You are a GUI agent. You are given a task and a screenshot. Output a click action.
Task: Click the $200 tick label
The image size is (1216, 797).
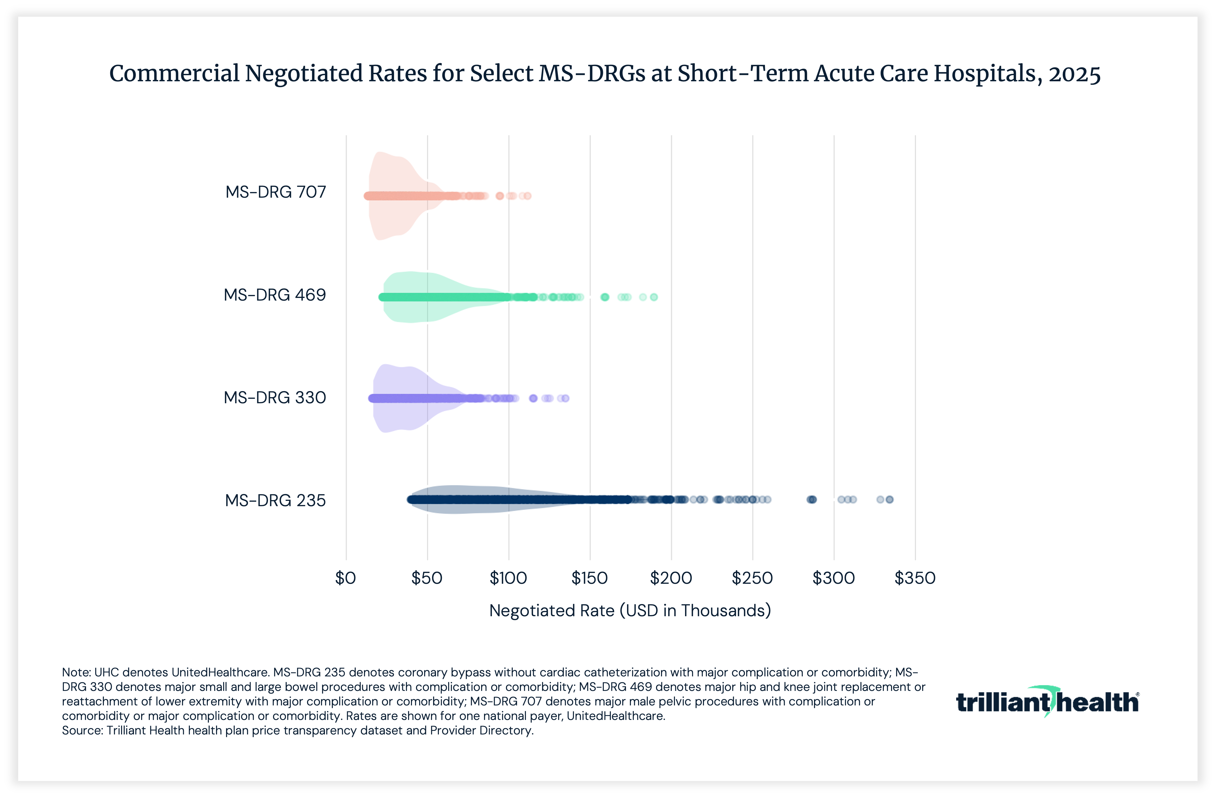click(671, 578)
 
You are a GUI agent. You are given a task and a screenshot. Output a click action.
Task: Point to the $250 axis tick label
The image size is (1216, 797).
click(752, 578)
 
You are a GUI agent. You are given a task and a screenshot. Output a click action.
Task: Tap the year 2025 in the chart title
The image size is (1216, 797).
click(1074, 74)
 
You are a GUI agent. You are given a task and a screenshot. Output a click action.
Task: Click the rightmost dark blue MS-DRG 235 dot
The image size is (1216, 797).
click(889, 500)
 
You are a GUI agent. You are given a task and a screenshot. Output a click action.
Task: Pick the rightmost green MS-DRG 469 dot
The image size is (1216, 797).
click(653, 297)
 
